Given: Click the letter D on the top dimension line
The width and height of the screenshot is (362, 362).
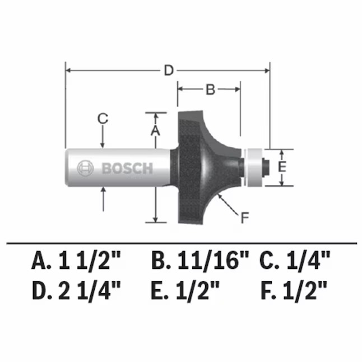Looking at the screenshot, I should tap(168, 71).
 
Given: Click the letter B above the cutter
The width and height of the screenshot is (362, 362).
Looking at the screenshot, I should tap(209, 89).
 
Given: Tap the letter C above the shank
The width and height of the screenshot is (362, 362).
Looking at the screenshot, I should tap(103, 118).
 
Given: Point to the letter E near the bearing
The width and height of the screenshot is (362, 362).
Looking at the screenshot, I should tap(282, 167).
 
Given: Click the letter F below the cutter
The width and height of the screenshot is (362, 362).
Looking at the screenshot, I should tap(244, 218).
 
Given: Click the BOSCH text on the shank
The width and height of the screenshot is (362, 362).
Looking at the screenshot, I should tap(127, 168).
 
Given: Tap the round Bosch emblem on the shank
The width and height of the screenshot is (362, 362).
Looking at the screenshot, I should tap(86, 168).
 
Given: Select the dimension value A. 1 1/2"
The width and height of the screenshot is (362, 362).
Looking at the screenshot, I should tap(76, 261).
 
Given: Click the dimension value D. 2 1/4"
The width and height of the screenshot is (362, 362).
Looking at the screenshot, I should tap(76, 290).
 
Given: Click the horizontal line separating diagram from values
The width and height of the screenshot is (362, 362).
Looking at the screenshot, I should tap(181, 243).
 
